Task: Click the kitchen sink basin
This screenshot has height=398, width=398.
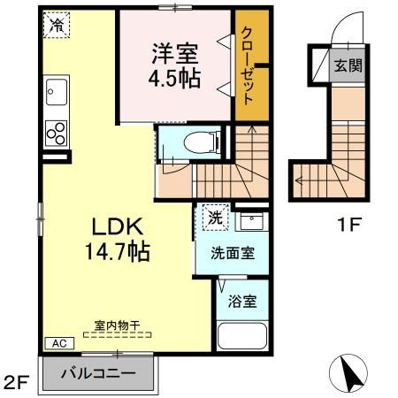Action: tap(57, 91)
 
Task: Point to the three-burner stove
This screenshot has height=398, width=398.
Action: tap(56, 132)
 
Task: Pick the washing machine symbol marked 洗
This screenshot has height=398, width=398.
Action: tap(214, 216)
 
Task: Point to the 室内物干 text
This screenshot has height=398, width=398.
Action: tap(117, 325)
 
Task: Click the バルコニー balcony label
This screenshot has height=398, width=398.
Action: tap(97, 372)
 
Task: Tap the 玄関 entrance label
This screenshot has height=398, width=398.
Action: tap(347, 65)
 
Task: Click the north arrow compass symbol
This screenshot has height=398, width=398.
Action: tap(349, 372)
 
